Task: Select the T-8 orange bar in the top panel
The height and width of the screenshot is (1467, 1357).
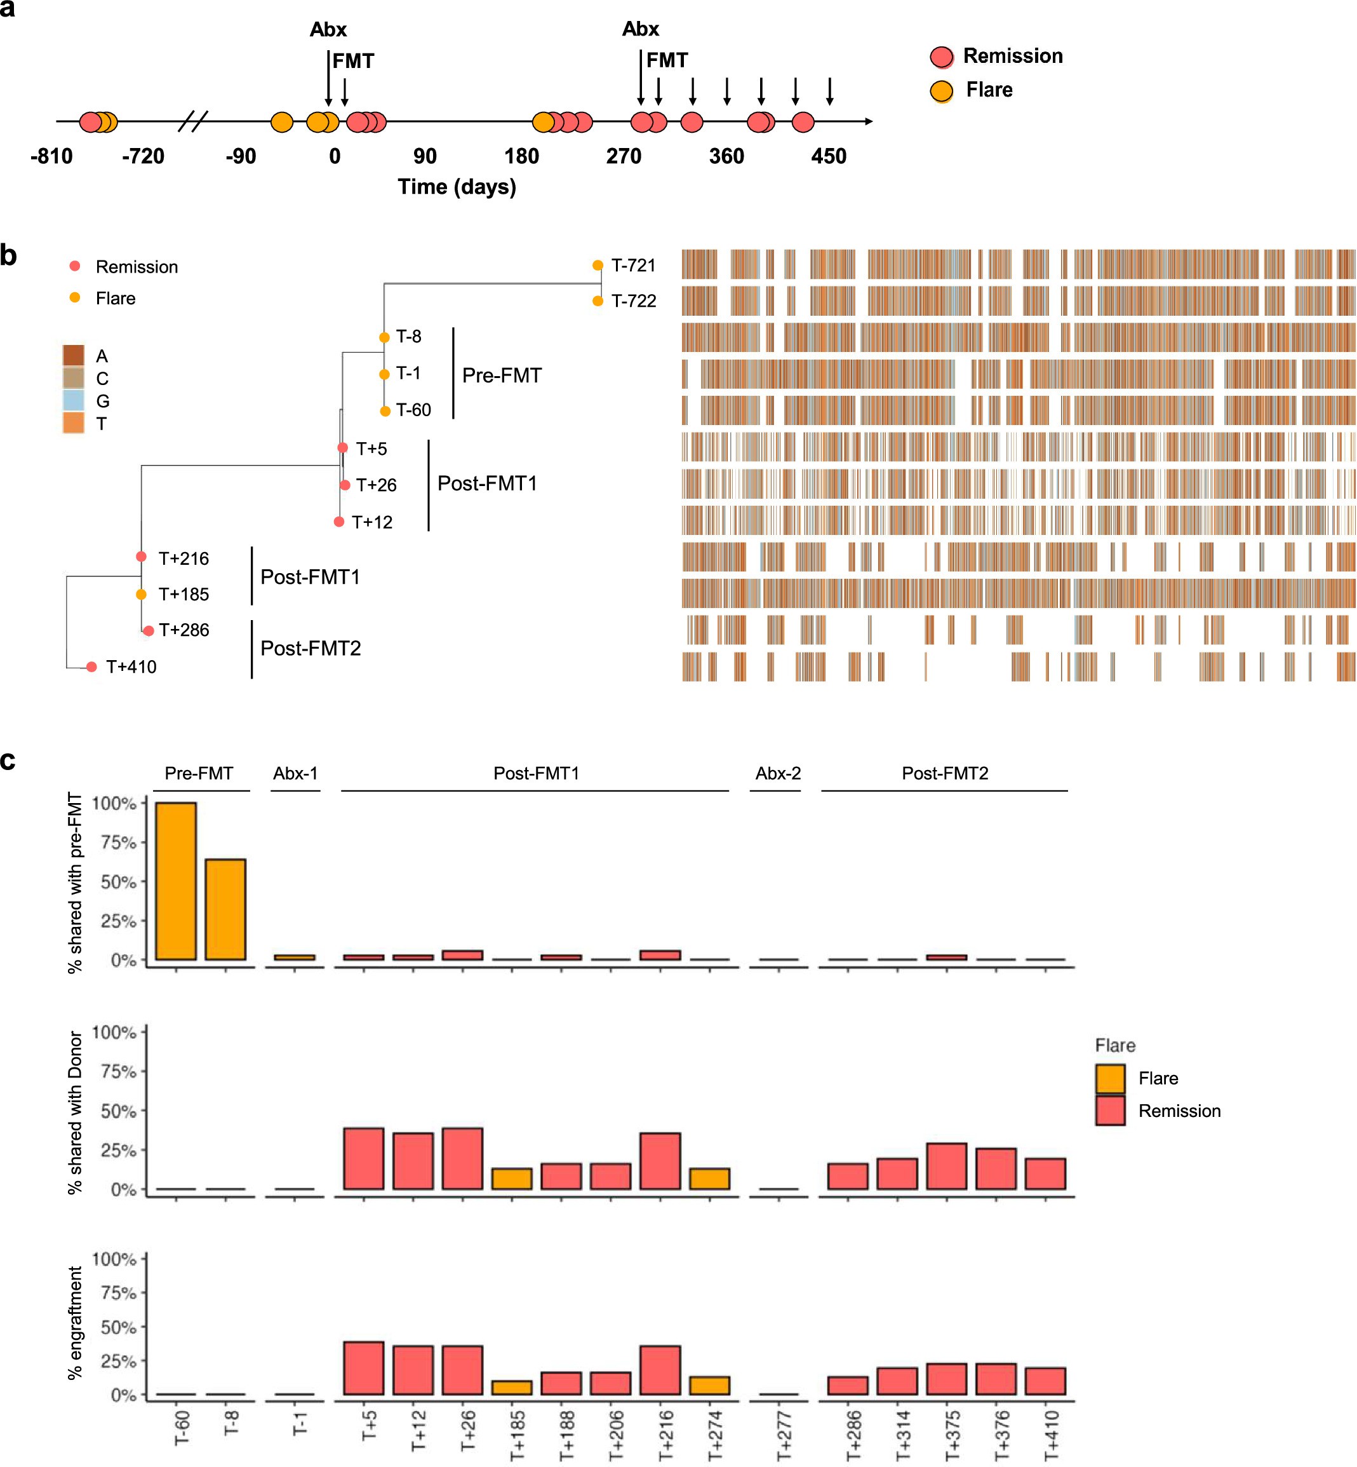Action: click(x=225, y=909)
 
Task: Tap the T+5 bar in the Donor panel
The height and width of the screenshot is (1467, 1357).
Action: click(x=363, y=1158)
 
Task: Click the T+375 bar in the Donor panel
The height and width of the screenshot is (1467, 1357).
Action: click(x=947, y=1166)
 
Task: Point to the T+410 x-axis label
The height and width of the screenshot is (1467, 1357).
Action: click(x=1052, y=1434)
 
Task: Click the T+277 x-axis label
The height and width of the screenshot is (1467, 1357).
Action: click(x=784, y=1434)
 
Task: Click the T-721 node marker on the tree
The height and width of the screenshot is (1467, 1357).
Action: click(x=598, y=265)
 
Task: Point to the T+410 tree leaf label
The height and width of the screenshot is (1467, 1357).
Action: click(x=131, y=666)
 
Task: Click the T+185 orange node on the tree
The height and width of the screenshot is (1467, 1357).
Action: click(x=141, y=593)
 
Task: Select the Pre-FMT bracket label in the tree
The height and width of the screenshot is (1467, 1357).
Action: click(x=502, y=375)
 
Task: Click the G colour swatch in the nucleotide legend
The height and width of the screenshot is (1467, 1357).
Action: click(x=74, y=400)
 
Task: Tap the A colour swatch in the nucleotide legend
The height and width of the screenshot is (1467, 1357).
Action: click(x=74, y=356)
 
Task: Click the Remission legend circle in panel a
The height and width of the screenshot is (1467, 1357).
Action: click(x=941, y=57)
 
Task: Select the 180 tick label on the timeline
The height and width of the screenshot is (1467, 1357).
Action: click(x=521, y=156)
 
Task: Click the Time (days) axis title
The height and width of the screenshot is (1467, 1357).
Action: click(x=457, y=187)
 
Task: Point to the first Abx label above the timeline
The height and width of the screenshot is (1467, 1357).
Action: click(x=328, y=29)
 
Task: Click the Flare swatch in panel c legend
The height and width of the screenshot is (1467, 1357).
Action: click(x=1109, y=1078)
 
